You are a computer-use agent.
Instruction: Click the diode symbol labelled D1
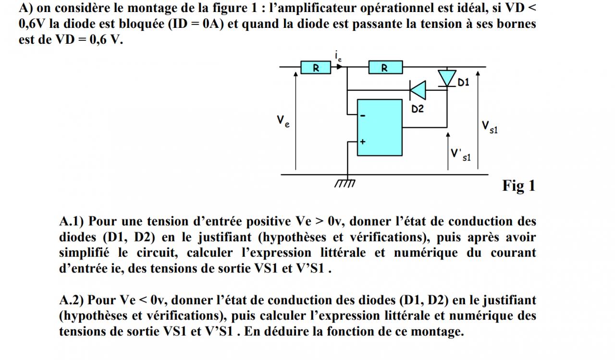(447, 78)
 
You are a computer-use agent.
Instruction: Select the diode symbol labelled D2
(418, 90)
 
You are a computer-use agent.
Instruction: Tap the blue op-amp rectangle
(380, 127)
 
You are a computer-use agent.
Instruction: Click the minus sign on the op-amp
(363, 116)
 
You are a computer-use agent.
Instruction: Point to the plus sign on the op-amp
(363, 142)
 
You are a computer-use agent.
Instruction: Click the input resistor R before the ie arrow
(316, 68)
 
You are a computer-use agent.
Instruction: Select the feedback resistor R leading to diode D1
(385, 68)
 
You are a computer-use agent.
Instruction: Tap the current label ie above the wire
(339, 57)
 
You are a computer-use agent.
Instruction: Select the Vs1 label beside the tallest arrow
(490, 127)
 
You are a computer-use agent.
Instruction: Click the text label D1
(463, 83)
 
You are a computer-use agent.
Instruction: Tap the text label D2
(418, 109)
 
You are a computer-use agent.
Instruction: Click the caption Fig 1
(518, 186)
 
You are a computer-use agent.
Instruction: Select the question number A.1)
(72, 222)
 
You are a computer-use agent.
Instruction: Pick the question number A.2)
(72, 300)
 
